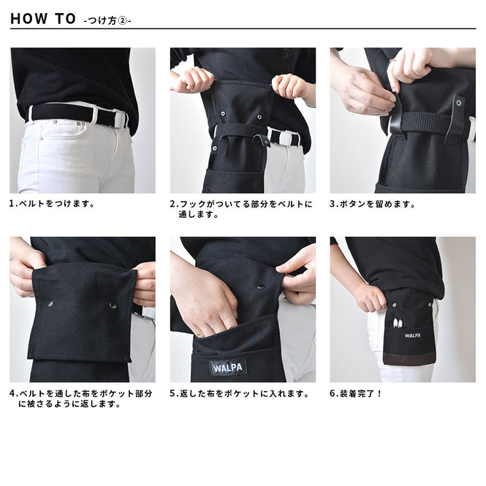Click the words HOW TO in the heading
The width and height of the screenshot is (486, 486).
pos(43,18)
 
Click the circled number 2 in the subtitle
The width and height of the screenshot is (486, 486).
pos(124,20)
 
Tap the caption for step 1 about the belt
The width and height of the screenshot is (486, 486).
pos(52,204)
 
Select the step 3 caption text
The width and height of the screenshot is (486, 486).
pos(372,204)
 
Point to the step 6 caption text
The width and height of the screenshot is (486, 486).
pos(355,394)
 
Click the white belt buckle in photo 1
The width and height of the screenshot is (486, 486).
pos(119,119)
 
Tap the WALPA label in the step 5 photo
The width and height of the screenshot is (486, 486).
pos(228,368)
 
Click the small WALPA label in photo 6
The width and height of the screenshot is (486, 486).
pos(412,335)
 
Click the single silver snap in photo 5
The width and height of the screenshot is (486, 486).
pos(261,286)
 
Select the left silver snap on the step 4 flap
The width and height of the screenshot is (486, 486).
pos(50,304)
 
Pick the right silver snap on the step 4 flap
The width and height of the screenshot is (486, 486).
pos(113,305)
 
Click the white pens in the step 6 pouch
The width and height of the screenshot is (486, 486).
pos(398,323)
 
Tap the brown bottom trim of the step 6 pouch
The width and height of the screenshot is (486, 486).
pos(410,357)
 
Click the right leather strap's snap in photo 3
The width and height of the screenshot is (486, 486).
pos(458,102)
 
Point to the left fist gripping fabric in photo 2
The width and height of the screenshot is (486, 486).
pos(194,80)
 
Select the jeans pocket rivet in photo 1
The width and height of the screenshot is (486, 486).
pos(78,124)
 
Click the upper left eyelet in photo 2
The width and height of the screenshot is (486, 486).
pos(223,114)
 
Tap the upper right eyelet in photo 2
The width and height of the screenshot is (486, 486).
pos(259,117)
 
